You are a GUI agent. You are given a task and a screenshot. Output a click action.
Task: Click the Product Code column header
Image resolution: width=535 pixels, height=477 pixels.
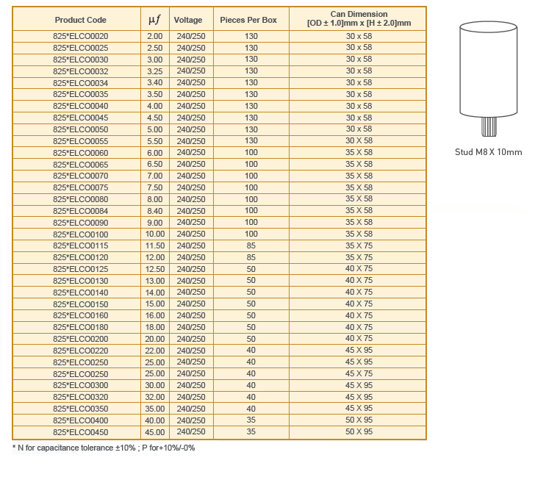(x=80, y=20)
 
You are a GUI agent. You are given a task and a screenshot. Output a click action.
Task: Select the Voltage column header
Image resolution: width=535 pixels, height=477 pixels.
(x=188, y=20)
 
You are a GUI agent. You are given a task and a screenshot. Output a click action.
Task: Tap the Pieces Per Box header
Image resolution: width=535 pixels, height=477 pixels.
(x=248, y=20)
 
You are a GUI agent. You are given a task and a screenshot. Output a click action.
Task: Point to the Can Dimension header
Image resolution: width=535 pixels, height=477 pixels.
(x=359, y=19)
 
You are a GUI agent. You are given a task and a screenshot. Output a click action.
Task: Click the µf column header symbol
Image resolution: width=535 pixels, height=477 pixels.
(x=154, y=20)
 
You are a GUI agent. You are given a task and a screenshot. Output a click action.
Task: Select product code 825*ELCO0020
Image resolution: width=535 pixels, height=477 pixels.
(x=81, y=36)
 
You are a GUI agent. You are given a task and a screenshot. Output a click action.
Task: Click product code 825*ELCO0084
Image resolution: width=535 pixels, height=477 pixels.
(x=81, y=211)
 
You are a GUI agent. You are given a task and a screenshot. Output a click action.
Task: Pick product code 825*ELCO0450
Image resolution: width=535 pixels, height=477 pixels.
(x=81, y=432)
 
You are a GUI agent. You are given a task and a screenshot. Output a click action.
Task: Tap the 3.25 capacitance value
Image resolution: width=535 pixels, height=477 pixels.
(x=154, y=71)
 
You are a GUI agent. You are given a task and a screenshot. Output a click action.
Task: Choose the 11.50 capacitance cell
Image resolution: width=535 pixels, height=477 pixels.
(x=154, y=245)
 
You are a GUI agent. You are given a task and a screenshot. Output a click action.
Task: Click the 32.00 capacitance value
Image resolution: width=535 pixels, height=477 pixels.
(x=154, y=397)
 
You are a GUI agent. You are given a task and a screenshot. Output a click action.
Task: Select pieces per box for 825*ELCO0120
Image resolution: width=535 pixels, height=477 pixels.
(x=251, y=257)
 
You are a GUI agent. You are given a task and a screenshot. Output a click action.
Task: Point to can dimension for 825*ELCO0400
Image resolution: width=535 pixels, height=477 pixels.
(x=359, y=420)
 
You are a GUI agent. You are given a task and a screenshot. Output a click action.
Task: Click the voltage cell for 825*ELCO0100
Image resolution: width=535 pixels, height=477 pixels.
(x=191, y=234)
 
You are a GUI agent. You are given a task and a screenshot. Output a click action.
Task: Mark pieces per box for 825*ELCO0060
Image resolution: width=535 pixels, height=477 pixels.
(x=251, y=153)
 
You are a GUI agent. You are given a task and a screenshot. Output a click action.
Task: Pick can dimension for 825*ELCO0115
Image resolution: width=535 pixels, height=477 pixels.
(x=359, y=245)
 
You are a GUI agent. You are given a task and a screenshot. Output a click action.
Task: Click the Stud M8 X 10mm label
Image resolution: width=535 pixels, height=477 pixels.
(x=489, y=152)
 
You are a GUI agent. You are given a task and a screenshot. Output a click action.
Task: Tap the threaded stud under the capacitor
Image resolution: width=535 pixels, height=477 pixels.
(x=489, y=126)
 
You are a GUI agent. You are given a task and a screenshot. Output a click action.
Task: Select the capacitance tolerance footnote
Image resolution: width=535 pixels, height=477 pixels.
(x=104, y=448)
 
